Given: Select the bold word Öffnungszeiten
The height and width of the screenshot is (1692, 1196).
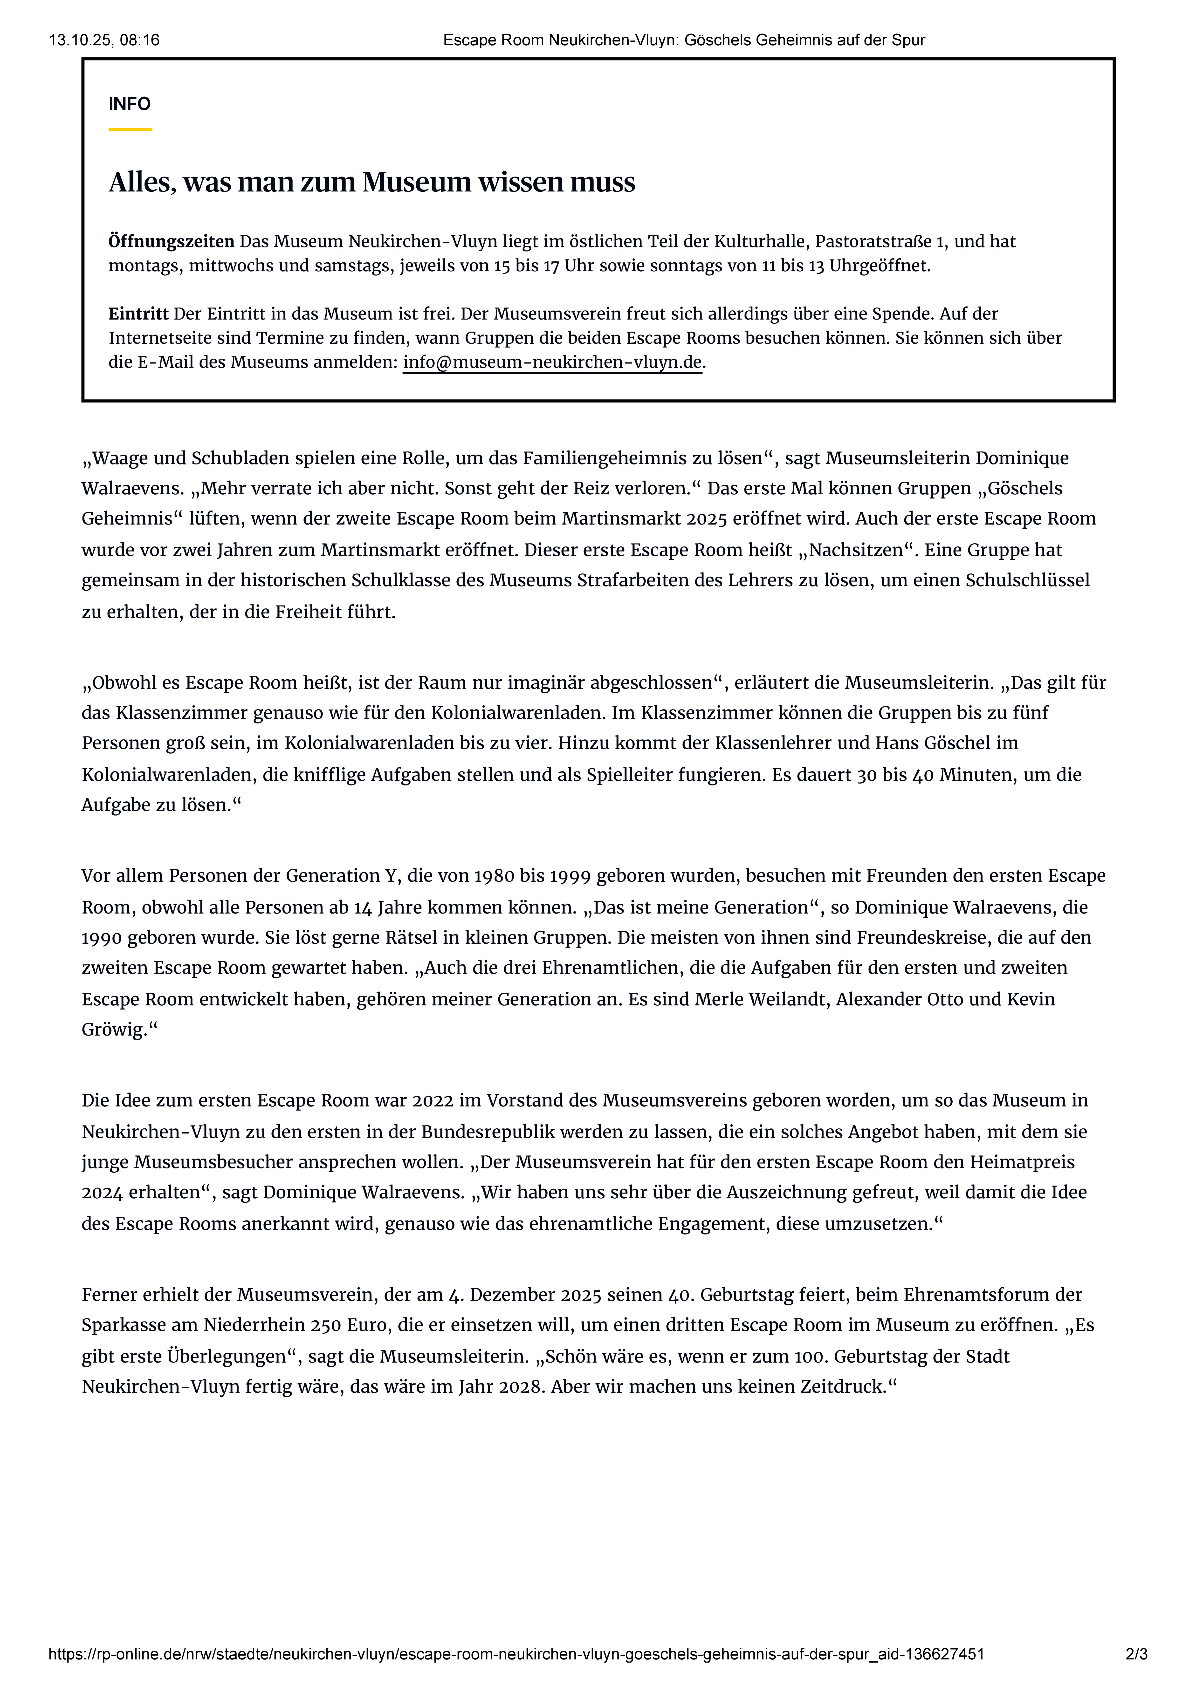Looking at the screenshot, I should (x=171, y=242).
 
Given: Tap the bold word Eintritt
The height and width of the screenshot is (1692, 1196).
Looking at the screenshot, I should (x=138, y=314).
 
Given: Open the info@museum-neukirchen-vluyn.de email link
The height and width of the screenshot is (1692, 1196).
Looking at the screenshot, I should (x=552, y=362).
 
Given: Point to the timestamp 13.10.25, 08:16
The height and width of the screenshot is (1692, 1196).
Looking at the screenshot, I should (x=104, y=41).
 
